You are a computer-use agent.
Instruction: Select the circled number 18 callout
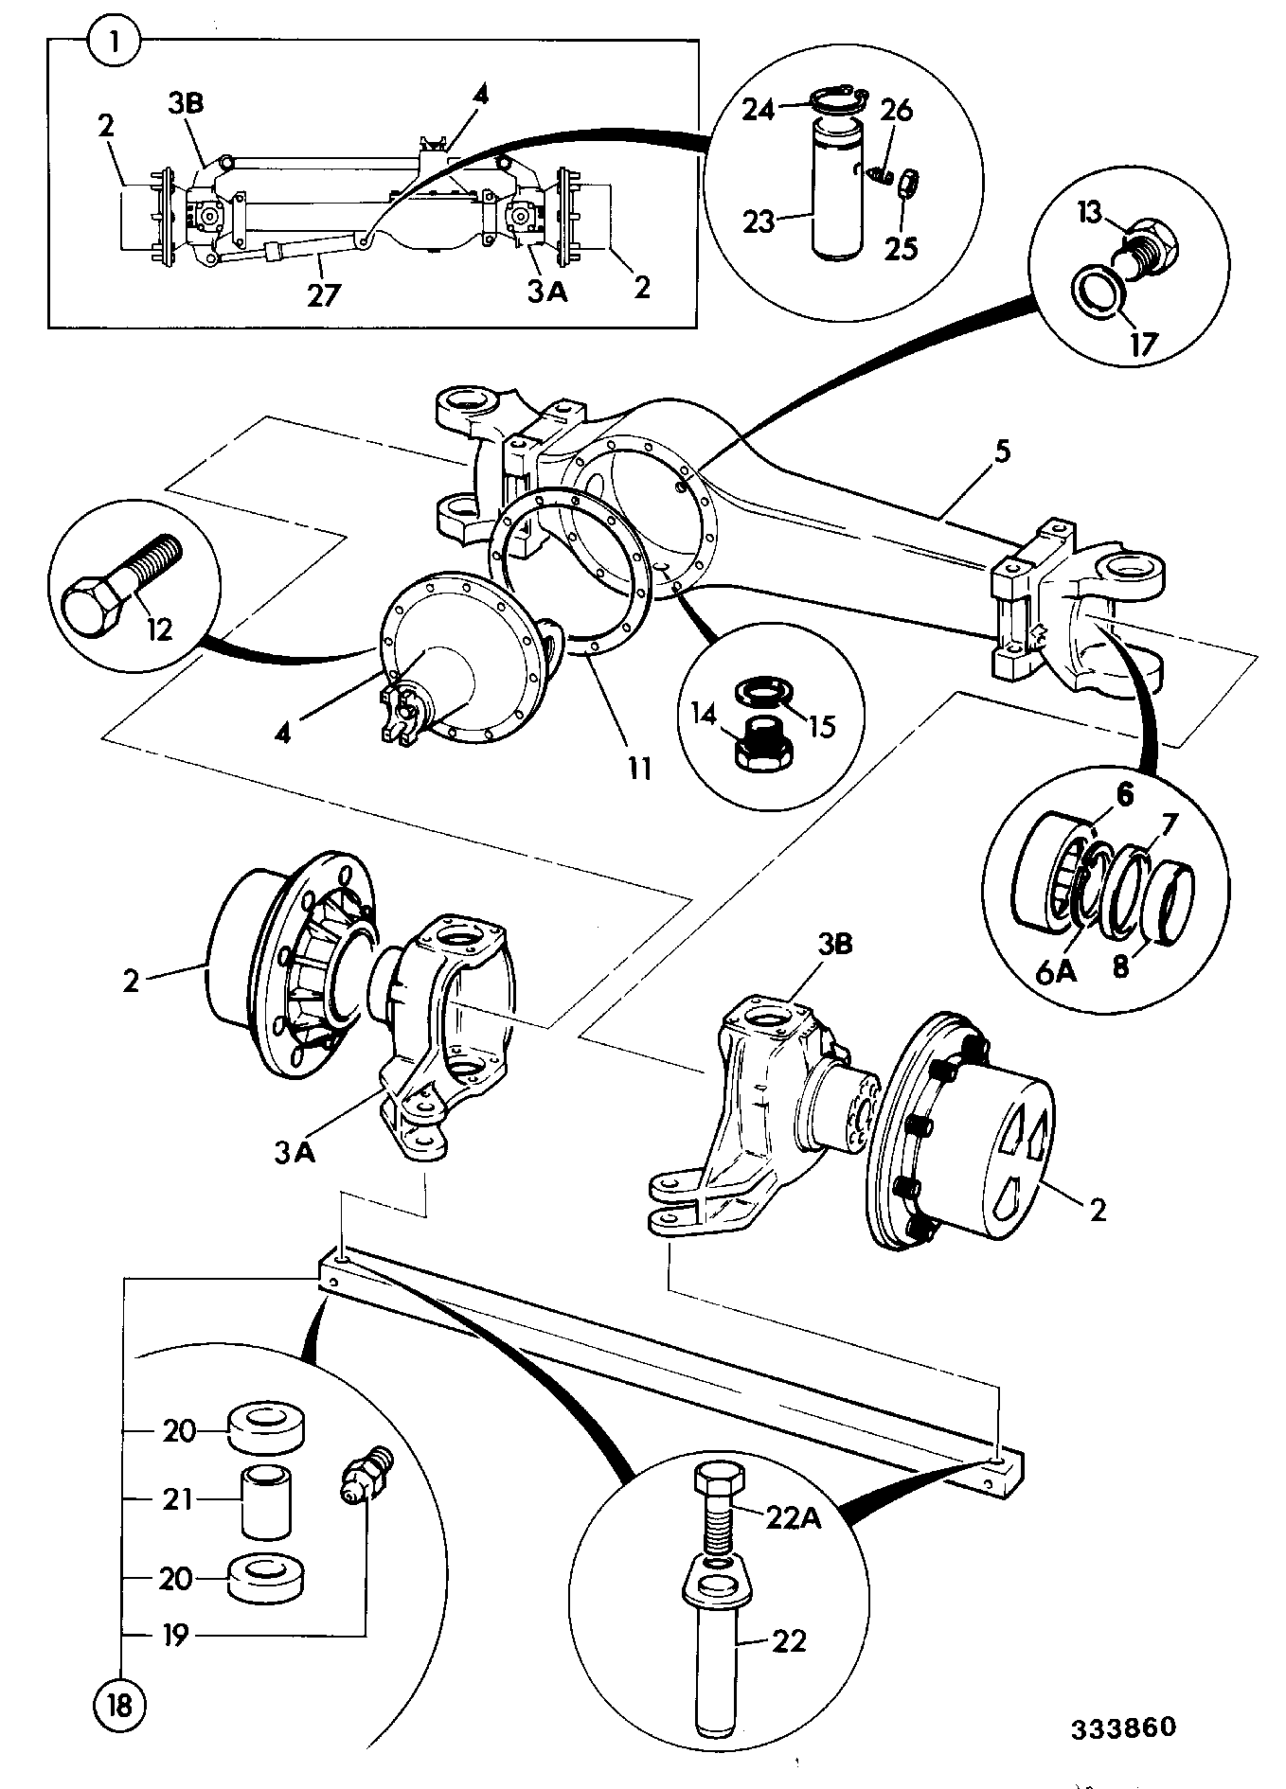coord(118,1704)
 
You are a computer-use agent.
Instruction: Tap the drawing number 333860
coord(1123,1727)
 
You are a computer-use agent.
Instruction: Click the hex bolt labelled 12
coord(119,578)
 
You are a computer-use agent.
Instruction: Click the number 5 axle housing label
coord(1002,451)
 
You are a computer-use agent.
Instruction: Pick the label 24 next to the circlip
coord(758,111)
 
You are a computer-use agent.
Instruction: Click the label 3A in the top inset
coord(546,292)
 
